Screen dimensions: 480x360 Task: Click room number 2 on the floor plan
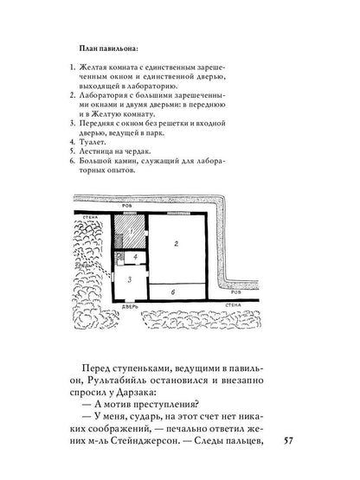click(x=177, y=246)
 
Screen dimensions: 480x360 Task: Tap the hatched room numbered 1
click(x=131, y=234)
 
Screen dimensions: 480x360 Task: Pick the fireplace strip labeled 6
click(x=177, y=292)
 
